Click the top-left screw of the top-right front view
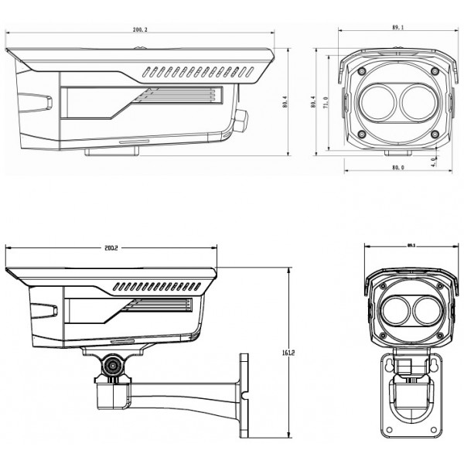tap(361, 71)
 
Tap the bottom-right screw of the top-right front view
tap(434, 134)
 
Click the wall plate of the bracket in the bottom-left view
tap(244, 391)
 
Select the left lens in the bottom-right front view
tap(394, 311)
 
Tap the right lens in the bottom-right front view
tap(423, 311)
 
